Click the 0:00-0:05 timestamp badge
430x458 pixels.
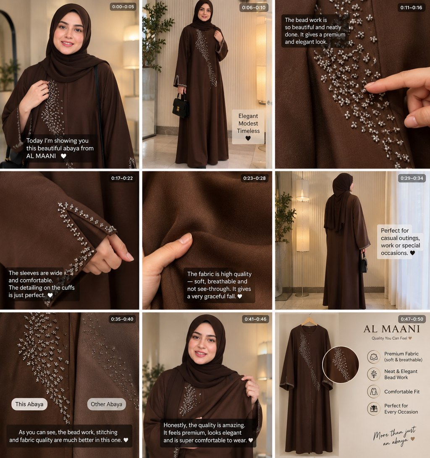click(x=123, y=7)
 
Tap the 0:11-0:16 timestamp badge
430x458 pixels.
click(x=411, y=8)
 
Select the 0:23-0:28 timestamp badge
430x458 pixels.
click(x=254, y=178)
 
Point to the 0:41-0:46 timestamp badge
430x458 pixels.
click(x=255, y=319)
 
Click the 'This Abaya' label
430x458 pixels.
click(x=29, y=404)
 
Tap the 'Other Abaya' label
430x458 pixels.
click(x=107, y=404)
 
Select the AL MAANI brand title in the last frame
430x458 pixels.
click(x=392, y=329)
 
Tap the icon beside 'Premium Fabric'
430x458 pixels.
click(x=374, y=357)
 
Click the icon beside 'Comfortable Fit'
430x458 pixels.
click(x=374, y=391)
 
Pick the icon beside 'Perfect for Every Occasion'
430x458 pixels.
click(x=374, y=409)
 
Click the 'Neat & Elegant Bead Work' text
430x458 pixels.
click(x=401, y=375)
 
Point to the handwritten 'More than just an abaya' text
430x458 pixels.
click(x=394, y=436)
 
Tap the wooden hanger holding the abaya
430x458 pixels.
click(x=309, y=321)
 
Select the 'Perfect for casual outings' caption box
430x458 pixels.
click(x=400, y=242)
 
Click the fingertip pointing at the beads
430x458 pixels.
click(x=369, y=86)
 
